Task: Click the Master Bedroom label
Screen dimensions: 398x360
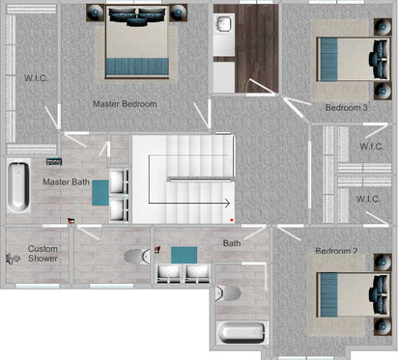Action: [x=125, y=104]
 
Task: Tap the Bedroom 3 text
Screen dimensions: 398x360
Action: [x=347, y=107]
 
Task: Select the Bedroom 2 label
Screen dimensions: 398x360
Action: [x=336, y=251]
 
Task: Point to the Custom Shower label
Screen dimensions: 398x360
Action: [x=43, y=254]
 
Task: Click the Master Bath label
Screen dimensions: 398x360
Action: [x=66, y=181]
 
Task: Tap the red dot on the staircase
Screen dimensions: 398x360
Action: [x=232, y=220]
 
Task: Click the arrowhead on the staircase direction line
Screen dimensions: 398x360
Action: [x=227, y=203]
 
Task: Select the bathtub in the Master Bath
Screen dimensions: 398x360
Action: [x=18, y=187]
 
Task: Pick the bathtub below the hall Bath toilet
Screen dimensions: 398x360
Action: [x=242, y=333]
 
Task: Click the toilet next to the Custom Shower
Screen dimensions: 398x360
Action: [x=137, y=257]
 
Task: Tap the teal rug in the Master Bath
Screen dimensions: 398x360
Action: [x=100, y=193]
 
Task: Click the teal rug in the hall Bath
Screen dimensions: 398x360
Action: [x=184, y=255]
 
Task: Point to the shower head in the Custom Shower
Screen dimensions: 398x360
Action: [x=13, y=259]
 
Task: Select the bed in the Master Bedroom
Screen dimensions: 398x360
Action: [x=137, y=42]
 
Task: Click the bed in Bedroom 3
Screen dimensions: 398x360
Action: [x=354, y=59]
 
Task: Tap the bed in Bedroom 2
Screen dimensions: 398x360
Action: [x=354, y=295]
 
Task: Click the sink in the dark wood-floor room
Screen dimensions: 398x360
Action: [x=224, y=23]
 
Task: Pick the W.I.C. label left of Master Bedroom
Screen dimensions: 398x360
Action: [x=36, y=78]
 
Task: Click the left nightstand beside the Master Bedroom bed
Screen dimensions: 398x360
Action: [x=96, y=13]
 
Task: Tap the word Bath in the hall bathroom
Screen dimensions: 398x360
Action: [x=232, y=243]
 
